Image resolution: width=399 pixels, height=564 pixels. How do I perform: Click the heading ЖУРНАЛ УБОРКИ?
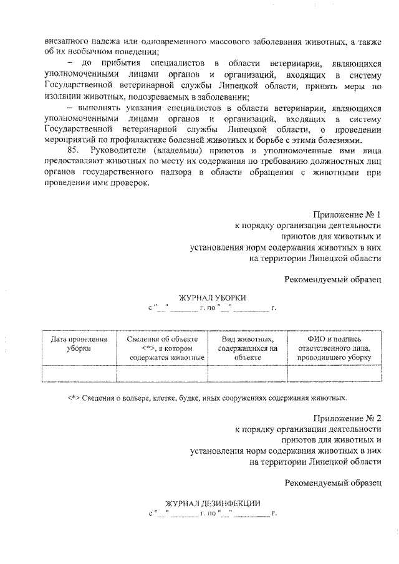tap(212, 298)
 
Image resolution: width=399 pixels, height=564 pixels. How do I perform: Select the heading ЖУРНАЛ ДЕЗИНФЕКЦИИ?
tap(212, 504)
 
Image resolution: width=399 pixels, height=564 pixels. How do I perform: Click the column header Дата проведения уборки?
tap(79, 343)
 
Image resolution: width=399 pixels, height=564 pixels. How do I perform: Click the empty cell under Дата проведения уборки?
tap(79, 373)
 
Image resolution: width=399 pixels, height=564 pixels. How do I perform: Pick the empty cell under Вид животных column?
tap(248, 373)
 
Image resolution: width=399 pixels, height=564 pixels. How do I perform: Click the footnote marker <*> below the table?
tap(74, 397)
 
